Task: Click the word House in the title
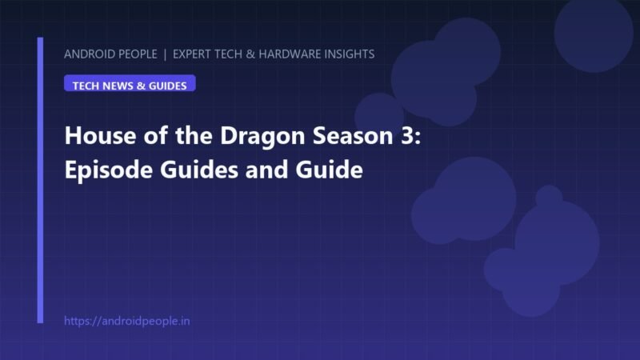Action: point(101,135)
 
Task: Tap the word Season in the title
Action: point(353,135)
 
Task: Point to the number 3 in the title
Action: point(406,135)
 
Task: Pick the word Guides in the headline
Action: point(199,170)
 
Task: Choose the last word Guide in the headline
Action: point(329,170)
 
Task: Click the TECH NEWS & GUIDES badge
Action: point(130,83)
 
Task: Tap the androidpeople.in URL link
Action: point(127,321)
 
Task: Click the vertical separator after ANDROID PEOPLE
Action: point(165,54)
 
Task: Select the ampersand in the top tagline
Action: point(250,54)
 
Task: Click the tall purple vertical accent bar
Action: point(40,181)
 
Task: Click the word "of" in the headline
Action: point(155,135)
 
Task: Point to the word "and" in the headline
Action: point(267,170)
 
